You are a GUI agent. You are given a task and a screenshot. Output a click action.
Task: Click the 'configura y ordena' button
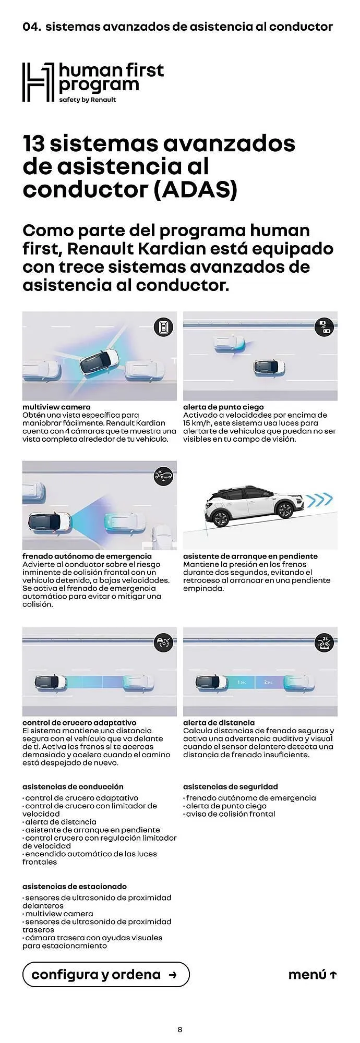(105, 974)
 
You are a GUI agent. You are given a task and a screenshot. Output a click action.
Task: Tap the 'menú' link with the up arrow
(312, 974)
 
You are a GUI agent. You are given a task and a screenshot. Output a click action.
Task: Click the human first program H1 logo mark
(38, 82)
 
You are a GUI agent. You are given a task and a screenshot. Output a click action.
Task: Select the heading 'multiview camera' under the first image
(56, 407)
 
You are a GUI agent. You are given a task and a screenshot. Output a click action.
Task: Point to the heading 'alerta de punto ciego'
(223, 407)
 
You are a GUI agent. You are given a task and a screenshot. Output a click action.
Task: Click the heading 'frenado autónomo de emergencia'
(87, 556)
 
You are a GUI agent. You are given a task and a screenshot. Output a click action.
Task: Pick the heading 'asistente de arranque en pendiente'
(250, 556)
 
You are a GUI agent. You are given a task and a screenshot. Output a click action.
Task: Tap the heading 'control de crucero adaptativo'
(79, 722)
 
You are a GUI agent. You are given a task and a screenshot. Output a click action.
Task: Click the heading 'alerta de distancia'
(219, 722)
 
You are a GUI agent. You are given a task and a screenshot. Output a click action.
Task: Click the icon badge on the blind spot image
(324, 327)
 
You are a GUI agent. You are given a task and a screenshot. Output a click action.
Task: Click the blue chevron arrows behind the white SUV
(318, 501)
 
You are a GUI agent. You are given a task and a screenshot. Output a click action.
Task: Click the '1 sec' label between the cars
(242, 682)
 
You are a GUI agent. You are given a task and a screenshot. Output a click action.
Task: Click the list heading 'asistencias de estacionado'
(75, 886)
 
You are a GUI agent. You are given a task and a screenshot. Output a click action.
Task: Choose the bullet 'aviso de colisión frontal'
(230, 814)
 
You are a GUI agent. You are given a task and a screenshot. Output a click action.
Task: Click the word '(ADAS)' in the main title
(196, 190)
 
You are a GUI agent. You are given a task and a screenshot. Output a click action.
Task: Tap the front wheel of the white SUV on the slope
(221, 519)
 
